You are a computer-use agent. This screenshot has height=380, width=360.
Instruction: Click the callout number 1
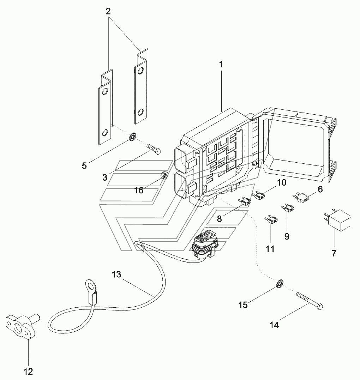click(221, 65)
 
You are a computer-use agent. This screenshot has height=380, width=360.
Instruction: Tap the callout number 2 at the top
click(108, 11)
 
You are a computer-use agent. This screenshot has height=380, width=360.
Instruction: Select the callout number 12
click(28, 372)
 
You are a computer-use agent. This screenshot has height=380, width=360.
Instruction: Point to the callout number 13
click(116, 275)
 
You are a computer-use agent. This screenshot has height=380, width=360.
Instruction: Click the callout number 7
click(334, 253)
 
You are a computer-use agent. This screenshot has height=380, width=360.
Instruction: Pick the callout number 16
click(139, 191)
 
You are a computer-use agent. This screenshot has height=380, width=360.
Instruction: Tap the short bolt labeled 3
click(154, 149)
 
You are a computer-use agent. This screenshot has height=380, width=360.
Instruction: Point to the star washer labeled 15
click(280, 283)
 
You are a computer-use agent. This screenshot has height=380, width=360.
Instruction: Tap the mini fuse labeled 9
click(288, 208)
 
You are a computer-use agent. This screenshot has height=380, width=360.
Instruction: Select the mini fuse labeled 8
click(244, 201)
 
